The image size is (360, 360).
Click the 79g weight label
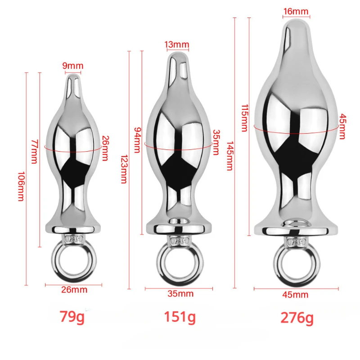[x=72, y=317]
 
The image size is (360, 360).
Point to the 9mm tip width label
[x=73, y=66]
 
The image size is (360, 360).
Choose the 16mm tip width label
[x=296, y=11]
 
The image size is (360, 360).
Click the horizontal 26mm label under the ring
[x=74, y=290]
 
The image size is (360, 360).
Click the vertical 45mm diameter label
[x=342, y=126]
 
